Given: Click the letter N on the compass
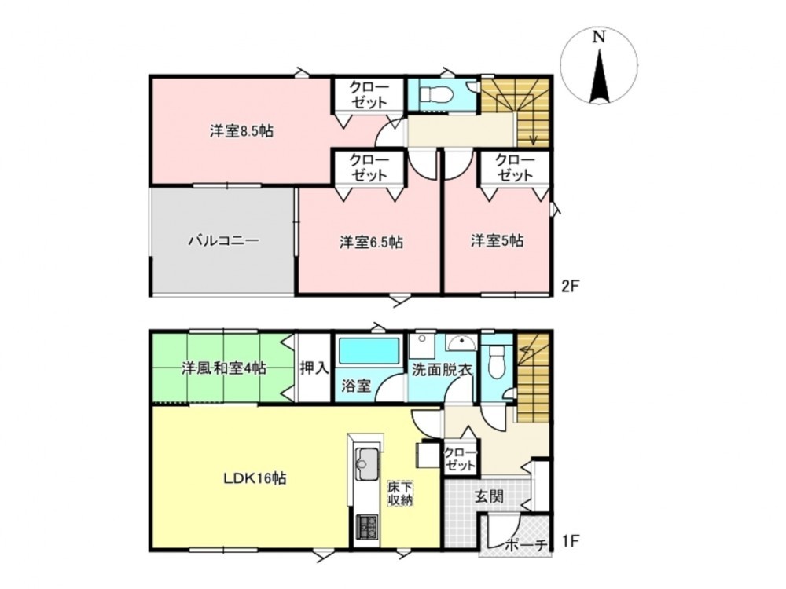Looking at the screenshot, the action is (x=598, y=37).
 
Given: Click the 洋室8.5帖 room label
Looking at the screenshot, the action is (x=241, y=132).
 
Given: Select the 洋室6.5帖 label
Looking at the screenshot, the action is (x=371, y=243).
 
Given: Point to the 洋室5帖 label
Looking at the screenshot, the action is (x=497, y=241).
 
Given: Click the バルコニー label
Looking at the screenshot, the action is (x=223, y=240).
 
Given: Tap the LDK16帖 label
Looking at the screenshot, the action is (x=255, y=478).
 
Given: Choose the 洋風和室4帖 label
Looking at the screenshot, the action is (x=223, y=369).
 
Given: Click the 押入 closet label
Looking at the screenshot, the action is (x=314, y=368).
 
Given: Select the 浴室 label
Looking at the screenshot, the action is (x=356, y=386).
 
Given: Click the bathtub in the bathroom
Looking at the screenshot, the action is (x=369, y=351).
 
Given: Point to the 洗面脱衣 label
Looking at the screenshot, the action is (x=442, y=370).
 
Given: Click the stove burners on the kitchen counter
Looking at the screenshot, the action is (x=367, y=527).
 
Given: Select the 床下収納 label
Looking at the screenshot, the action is (x=400, y=493).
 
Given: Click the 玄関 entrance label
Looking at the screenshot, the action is (x=489, y=497).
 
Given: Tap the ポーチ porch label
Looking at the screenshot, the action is (x=525, y=545).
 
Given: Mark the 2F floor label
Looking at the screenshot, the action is (x=570, y=286).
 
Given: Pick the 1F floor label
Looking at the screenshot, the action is (x=570, y=541).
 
